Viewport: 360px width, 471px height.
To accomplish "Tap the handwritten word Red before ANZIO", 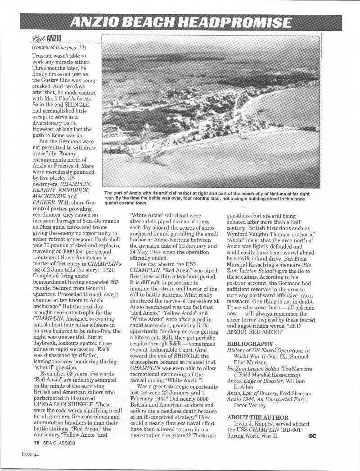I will click(40, 38).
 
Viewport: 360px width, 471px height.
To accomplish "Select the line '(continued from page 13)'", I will click(59, 47).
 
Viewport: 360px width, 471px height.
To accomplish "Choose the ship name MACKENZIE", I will click(50, 196).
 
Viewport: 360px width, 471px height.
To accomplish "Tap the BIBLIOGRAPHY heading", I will click(250, 344).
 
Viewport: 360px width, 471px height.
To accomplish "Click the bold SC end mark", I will click(313, 435).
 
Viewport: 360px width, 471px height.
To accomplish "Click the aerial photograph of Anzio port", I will click(211, 111).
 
